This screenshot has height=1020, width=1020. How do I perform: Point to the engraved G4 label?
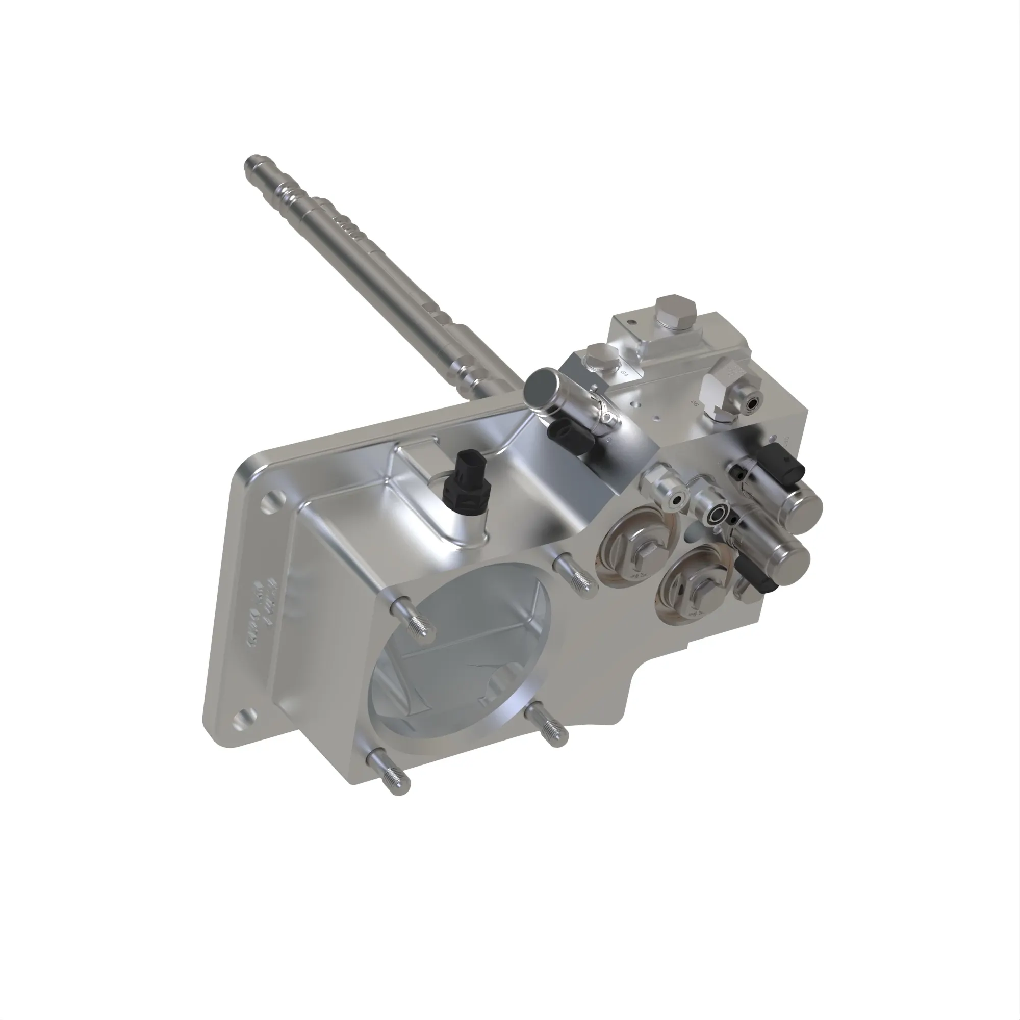(625, 374)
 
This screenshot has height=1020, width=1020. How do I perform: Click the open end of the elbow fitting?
(751, 405)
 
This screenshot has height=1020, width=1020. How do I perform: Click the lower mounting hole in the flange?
(245, 718)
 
